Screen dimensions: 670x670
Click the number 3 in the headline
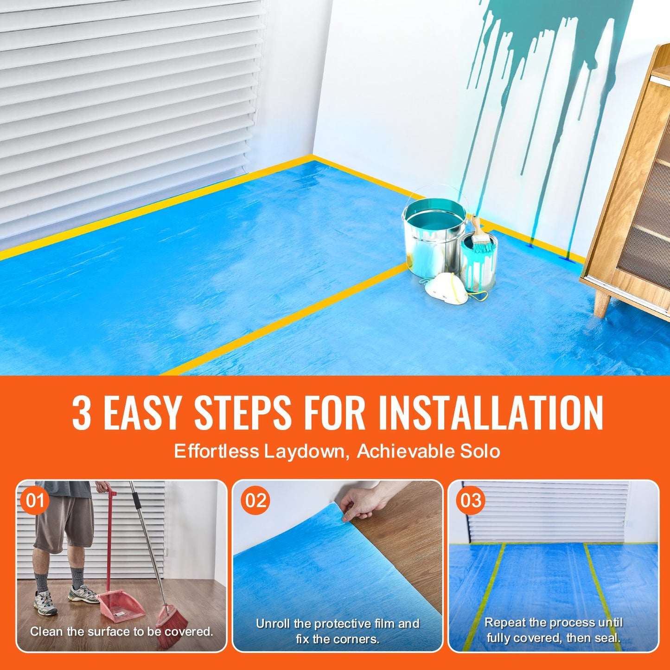[x=82, y=413]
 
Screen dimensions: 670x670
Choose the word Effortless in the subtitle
[x=216, y=451]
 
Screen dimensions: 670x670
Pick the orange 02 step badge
[x=256, y=501]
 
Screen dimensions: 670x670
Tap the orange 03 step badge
[x=471, y=501]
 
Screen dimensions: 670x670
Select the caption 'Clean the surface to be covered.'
[x=121, y=632]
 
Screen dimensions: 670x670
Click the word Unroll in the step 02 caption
[x=273, y=624]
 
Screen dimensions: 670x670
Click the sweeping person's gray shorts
[x=64, y=522]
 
